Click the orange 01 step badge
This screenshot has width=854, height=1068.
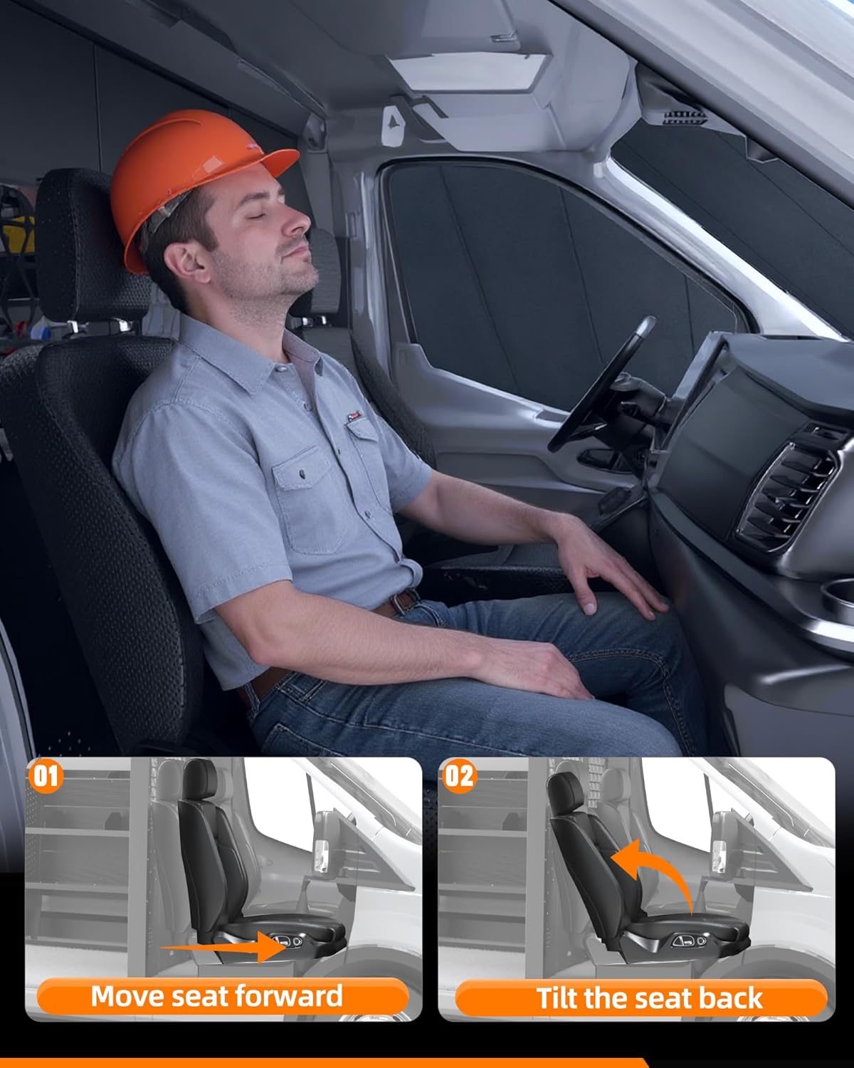46,775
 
